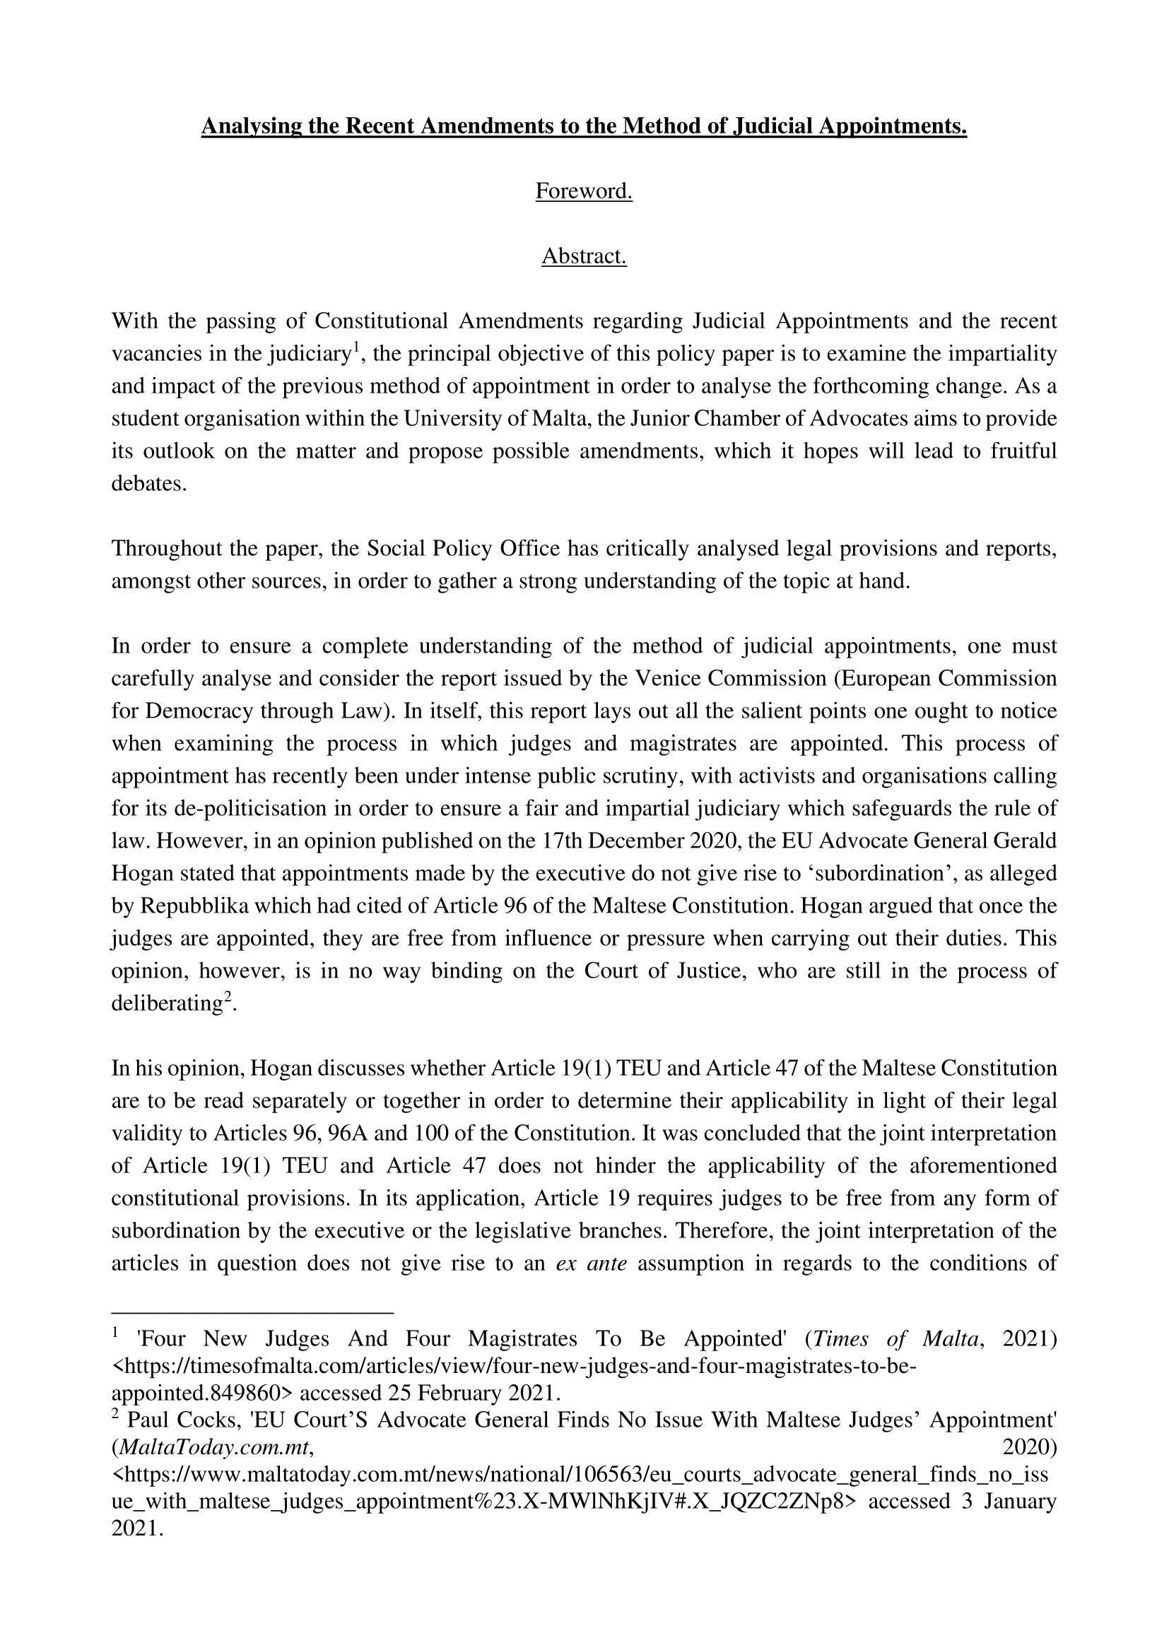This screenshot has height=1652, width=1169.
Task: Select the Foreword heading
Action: [584, 191]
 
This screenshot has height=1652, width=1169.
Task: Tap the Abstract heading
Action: [584, 256]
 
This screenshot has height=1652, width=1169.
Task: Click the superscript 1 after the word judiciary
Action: [355, 349]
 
